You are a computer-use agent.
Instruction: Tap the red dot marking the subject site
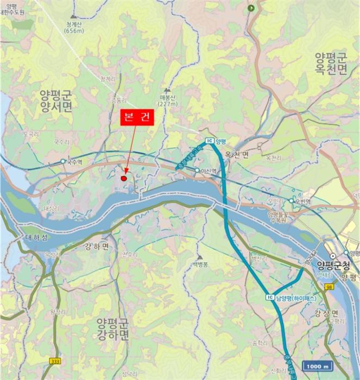pyautogui.click(x=124, y=178)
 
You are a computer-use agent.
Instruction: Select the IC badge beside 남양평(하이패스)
pyautogui.click(x=269, y=297)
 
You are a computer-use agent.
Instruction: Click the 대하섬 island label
pyautogui.click(x=36, y=238)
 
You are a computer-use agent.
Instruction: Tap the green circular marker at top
pyautogui.click(x=251, y=8)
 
